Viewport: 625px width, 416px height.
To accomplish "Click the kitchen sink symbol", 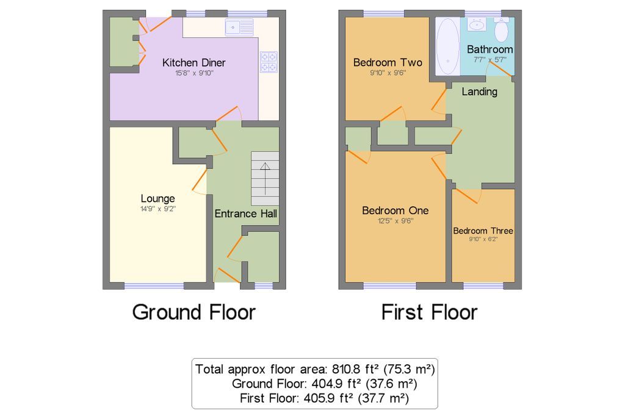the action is coord(239,27).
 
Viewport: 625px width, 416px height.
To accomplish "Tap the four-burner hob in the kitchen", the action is coord(269,62).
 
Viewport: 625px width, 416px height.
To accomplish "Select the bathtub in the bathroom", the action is coord(447,46).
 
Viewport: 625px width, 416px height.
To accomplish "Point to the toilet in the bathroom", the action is coord(501,29).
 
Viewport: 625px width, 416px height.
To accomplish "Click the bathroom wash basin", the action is coord(476,25).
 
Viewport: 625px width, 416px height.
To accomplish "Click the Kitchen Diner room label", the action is coord(194,63).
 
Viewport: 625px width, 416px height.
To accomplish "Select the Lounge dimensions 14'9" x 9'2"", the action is coord(158,209).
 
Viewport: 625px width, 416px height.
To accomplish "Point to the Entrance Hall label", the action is coord(245,213).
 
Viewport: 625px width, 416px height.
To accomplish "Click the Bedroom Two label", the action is coord(388,63).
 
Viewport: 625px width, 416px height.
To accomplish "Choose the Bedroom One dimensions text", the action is coord(396,221).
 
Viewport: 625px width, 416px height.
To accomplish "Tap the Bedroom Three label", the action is coord(483,231).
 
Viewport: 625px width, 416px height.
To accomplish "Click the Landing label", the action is coord(480,91).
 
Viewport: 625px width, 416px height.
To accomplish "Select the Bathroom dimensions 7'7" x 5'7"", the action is coord(490,60).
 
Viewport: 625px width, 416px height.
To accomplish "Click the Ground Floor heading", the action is coord(193,312).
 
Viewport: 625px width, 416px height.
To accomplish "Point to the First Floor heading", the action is coord(429,312).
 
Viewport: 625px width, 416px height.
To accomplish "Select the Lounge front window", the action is coord(154,285).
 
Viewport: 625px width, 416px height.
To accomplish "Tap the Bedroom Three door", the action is coord(467,195).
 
